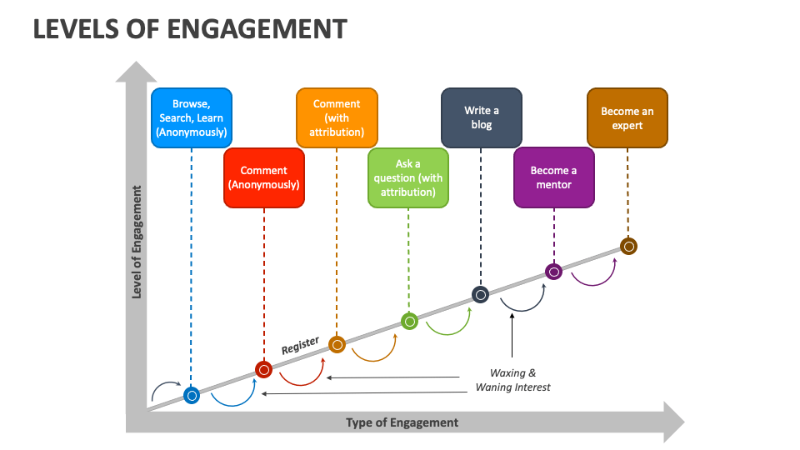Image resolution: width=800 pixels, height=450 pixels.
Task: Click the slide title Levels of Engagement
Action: click(x=189, y=29)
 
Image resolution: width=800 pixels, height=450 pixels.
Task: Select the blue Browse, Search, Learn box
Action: click(x=191, y=118)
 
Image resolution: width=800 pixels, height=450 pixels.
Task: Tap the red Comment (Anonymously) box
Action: click(x=263, y=177)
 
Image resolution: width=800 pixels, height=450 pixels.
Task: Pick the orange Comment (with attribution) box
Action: click(x=337, y=118)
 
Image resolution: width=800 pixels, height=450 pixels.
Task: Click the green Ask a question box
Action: click(x=408, y=177)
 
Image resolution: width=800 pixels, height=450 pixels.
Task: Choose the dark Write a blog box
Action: click(x=481, y=118)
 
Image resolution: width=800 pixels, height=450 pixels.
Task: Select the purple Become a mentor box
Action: click(x=553, y=177)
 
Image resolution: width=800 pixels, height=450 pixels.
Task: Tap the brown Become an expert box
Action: click(x=627, y=118)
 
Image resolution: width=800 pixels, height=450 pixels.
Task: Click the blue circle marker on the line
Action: click(x=192, y=395)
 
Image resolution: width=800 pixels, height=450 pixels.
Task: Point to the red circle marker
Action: click(x=263, y=369)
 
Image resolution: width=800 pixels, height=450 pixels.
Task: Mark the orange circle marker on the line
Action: click(x=337, y=344)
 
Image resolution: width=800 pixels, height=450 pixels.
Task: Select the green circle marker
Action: click(x=409, y=321)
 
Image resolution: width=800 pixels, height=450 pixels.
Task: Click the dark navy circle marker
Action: click(x=481, y=294)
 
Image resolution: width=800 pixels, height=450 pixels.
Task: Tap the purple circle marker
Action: click(x=553, y=271)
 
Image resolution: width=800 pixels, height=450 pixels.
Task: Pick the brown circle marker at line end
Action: click(x=628, y=246)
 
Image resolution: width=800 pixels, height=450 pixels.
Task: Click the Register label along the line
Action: click(x=300, y=346)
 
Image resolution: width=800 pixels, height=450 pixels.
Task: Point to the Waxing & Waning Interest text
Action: click(x=512, y=380)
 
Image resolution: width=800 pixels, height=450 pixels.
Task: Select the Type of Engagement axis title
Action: click(x=402, y=422)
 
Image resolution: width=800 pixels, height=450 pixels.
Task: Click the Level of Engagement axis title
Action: click(x=137, y=242)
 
